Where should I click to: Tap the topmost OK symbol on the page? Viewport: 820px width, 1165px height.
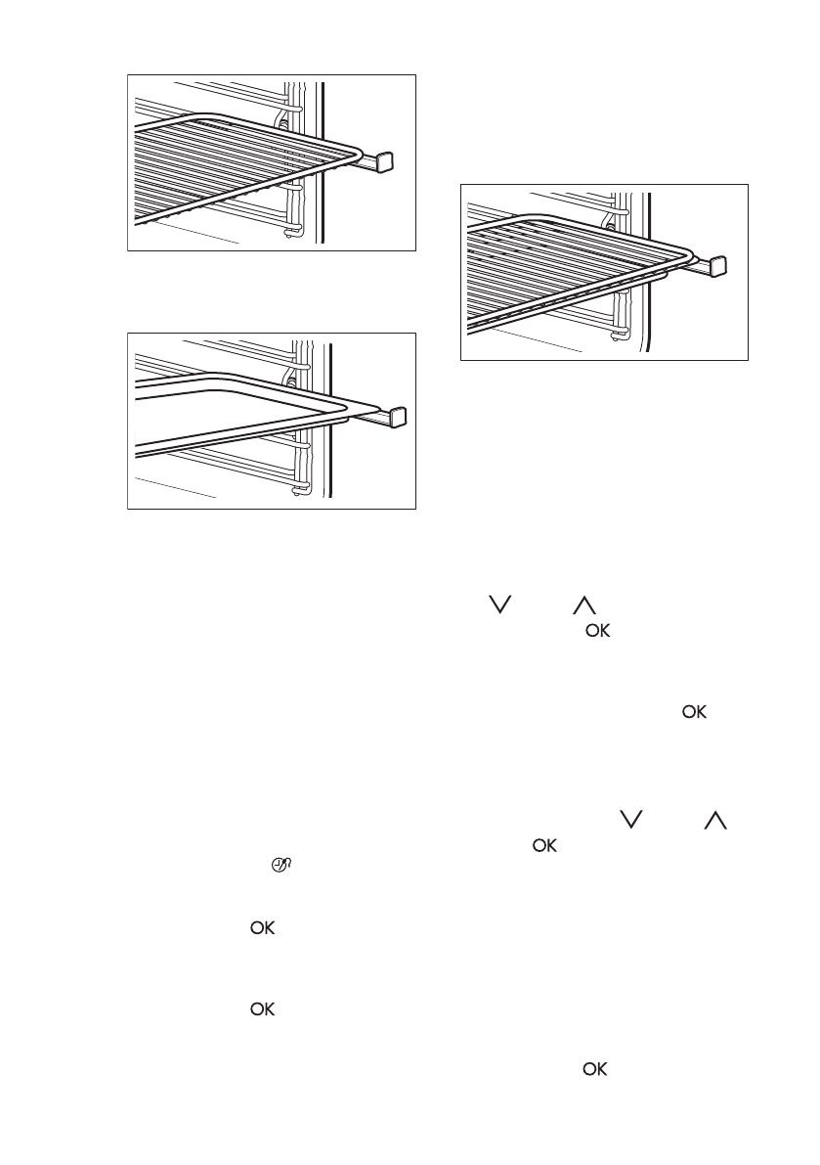597,633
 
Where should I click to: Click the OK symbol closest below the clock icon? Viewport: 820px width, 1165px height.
262,929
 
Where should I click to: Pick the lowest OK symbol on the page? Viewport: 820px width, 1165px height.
595,1070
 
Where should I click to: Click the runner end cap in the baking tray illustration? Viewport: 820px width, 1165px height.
399,417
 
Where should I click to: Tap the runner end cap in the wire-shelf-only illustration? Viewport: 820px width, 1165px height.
384,160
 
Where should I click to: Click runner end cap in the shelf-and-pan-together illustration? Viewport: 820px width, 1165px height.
717,266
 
